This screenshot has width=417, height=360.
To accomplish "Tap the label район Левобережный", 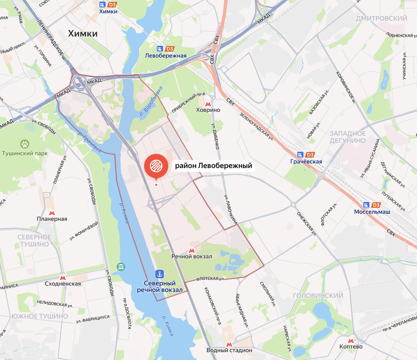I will tap(213, 166).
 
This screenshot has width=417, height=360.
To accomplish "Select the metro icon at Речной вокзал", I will tap(191, 250).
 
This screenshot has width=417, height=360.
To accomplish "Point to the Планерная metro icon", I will tap(52, 213).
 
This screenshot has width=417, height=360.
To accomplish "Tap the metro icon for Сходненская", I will tap(63, 277).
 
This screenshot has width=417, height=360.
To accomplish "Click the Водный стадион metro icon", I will tap(229, 344).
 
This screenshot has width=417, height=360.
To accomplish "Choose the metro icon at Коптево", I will tap(351, 341).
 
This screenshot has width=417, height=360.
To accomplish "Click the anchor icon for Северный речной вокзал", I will tap(160, 274).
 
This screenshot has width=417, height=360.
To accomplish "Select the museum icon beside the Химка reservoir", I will tap(121, 267).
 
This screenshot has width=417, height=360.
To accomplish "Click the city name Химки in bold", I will tap(83, 33).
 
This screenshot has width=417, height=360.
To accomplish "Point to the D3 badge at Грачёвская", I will tap(311, 155).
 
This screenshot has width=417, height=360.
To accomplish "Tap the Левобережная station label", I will tap(166, 56).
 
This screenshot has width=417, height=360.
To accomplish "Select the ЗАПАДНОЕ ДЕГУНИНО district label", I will tap(347, 137).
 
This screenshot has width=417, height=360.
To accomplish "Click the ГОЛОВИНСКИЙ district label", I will tap(318, 296).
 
